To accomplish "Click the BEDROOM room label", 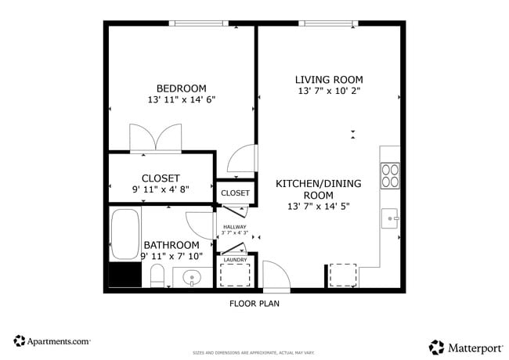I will tap(181, 88).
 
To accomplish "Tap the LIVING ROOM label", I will tap(329, 79).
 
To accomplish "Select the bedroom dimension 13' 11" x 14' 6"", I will tap(181, 100).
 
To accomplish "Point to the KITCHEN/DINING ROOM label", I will tap(318, 189).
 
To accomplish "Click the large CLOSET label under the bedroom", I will tap(161, 178).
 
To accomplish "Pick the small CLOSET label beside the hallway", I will tap(235, 193).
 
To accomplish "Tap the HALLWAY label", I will tap(234, 227).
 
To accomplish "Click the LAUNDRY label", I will tap(235, 260).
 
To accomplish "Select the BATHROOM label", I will tap(171, 245).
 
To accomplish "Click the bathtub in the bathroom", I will tap(123, 235).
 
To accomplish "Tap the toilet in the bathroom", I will tap(157, 275).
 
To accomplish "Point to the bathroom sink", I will tap(192, 277).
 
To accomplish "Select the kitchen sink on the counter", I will tap(390, 218).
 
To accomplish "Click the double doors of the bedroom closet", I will tap(157, 138).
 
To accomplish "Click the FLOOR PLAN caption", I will tap(254, 304).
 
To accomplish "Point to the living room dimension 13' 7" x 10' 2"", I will tap(329, 92).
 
